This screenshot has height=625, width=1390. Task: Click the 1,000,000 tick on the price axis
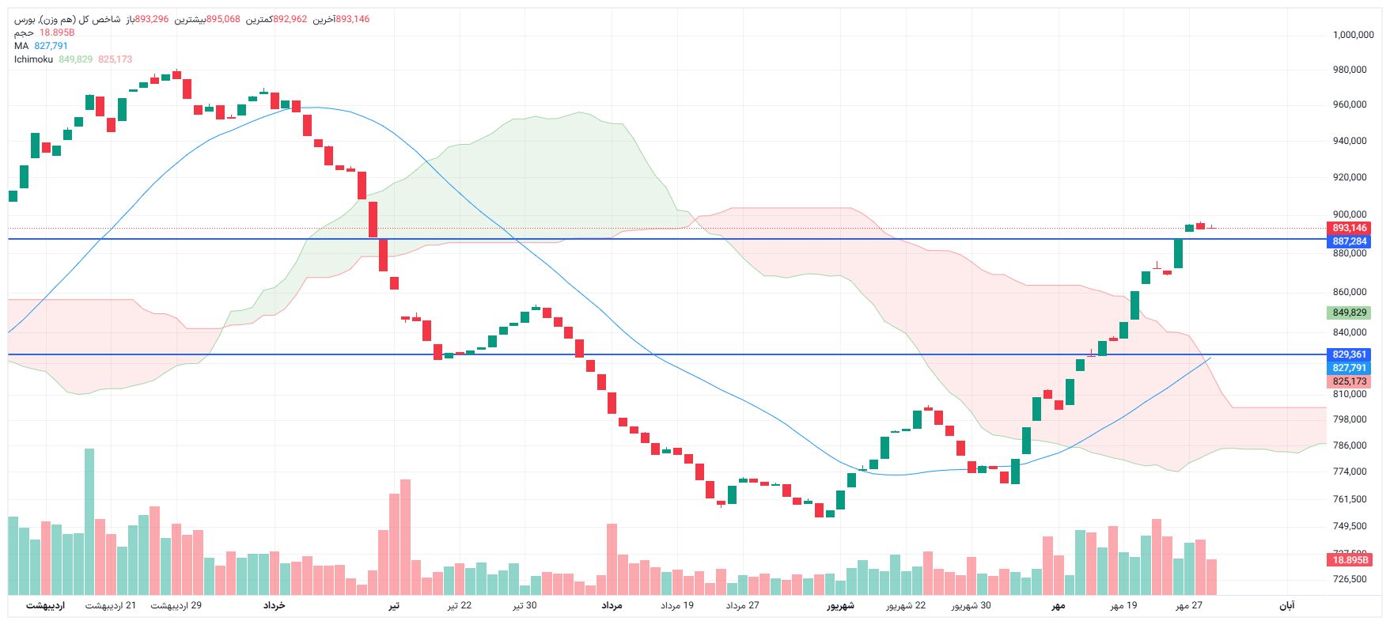pos(1353,35)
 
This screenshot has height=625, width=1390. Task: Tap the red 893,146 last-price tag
pos(1349,228)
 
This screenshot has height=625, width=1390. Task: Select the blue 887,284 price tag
pos(1349,241)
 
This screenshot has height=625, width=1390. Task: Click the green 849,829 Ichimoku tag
pos(1349,312)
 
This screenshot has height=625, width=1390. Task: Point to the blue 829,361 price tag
pos(1349,354)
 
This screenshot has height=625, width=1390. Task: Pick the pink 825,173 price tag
pos(1349,381)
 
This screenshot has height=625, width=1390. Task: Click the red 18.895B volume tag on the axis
pos(1350,560)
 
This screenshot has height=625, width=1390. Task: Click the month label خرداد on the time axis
pos(274,605)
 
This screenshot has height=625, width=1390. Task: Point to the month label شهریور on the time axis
pos(841,606)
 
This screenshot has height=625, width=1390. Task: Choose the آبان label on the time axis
pos(1287,606)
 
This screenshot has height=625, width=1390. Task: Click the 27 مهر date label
pos(1189,606)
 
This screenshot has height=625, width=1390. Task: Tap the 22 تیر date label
pos(460,606)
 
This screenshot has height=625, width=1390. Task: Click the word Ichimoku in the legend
pos(33,59)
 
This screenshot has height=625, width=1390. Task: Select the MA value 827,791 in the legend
pos(51,46)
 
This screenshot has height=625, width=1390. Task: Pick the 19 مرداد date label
pos(677,606)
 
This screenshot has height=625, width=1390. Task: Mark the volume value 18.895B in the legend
pos(57,32)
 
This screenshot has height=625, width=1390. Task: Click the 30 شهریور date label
pos(971,606)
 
